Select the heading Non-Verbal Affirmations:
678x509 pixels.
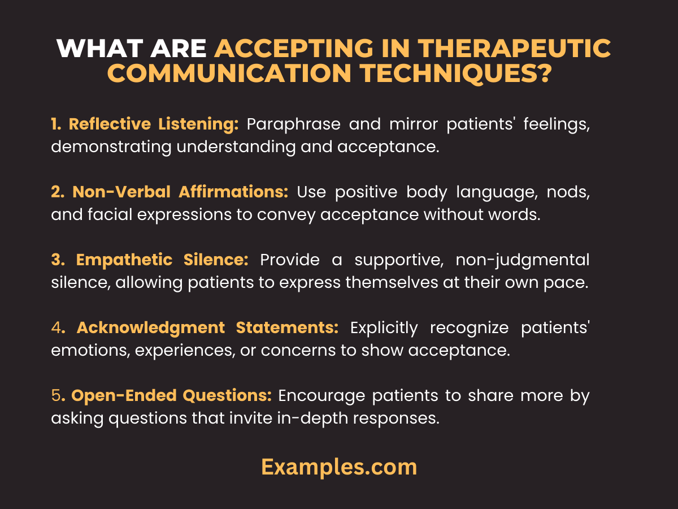tap(180, 192)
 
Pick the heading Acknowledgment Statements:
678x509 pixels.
tap(207, 328)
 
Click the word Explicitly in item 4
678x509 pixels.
tap(384, 328)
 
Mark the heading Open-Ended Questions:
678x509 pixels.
tap(171, 396)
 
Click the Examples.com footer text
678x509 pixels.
tap(339, 467)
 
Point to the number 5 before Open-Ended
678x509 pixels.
tap(55, 396)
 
